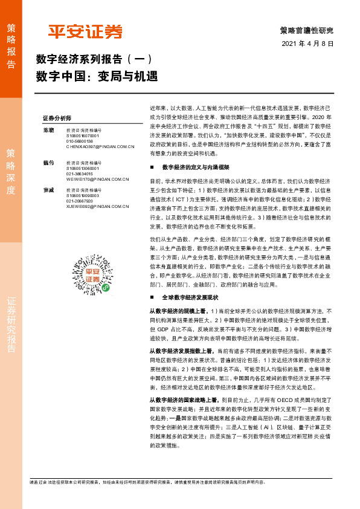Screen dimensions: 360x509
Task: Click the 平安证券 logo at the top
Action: click(x=85, y=31)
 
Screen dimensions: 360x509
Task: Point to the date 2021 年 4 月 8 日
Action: click(x=307, y=44)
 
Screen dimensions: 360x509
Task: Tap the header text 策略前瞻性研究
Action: click(x=307, y=30)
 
